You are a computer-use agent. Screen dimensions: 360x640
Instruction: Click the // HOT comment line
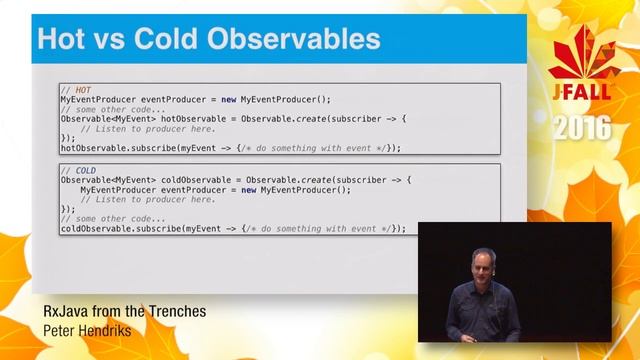coord(76,90)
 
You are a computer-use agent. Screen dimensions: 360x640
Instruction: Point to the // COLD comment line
coord(79,170)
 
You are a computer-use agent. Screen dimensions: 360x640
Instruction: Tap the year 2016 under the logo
coord(581,129)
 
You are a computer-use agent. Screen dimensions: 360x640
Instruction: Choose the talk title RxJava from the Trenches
coord(124,311)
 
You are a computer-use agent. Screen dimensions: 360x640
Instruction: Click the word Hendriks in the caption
coord(116,329)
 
